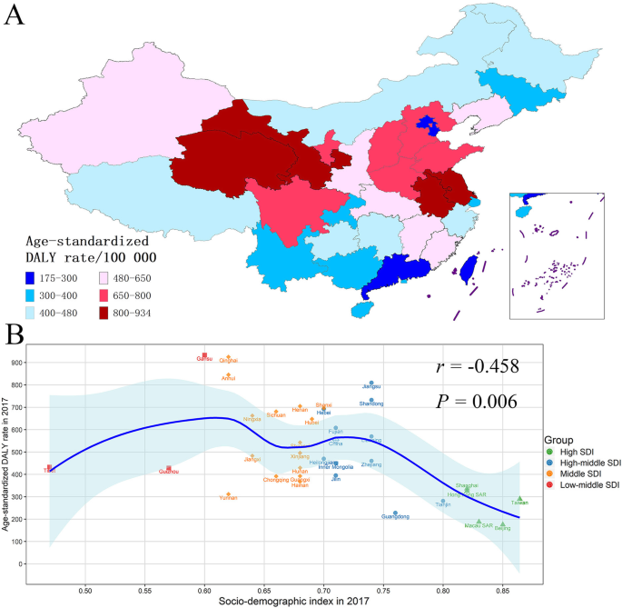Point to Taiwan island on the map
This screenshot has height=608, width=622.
click(470, 266)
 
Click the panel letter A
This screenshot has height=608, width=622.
click(15, 17)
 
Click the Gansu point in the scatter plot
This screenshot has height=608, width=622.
click(205, 355)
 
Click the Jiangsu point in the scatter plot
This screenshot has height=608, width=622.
click(372, 383)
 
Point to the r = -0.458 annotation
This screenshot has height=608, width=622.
click(475, 366)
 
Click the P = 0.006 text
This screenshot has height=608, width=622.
click(475, 401)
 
